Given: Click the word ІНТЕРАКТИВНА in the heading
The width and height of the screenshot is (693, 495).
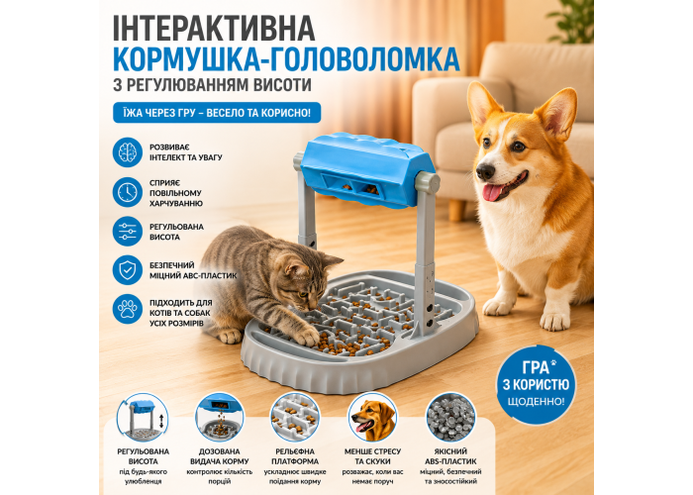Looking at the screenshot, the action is click(x=214, y=28).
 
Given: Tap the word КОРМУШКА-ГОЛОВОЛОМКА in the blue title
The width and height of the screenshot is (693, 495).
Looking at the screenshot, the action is click(x=286, y=59).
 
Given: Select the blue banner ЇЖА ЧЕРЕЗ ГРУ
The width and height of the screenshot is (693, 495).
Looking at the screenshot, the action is click(x=217, y=113).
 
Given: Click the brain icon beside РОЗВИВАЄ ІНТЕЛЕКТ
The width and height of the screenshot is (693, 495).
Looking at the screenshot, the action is click(x=128, y=152).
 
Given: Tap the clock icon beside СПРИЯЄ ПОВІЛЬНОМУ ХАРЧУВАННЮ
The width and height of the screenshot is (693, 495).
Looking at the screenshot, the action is click(x=128, y=192).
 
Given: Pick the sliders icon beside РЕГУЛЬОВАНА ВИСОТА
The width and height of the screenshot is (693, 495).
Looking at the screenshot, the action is click(x=128, y=231).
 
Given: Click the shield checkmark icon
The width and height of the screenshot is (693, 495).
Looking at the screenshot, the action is click(x=128, y=270).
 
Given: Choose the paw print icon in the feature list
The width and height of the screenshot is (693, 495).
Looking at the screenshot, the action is click(x=128, y=309).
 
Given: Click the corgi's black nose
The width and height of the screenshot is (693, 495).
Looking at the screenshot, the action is click(x=485, y=171).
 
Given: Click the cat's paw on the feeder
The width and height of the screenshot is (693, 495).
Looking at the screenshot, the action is click(x=307, y=337).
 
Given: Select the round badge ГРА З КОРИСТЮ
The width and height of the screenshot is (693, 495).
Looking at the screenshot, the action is click(x=536, y=384).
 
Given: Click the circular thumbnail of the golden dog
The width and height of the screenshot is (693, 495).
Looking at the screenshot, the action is click(x=372, y=417).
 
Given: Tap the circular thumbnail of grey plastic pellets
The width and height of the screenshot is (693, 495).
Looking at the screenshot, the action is click(x=450, y=417).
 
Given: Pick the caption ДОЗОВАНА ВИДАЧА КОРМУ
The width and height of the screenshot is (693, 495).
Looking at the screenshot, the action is click(x=219, y=456).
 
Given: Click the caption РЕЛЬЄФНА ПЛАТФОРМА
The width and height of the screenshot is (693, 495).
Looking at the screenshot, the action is click(x=295, y=456).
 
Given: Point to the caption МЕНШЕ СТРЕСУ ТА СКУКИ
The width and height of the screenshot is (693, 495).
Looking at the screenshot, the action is click(x=372, y=456).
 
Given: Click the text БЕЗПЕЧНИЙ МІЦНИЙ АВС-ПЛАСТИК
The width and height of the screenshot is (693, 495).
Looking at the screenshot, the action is click(x=193, y=270).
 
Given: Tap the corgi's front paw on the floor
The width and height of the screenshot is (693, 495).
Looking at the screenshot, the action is click(x=555, y=321).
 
